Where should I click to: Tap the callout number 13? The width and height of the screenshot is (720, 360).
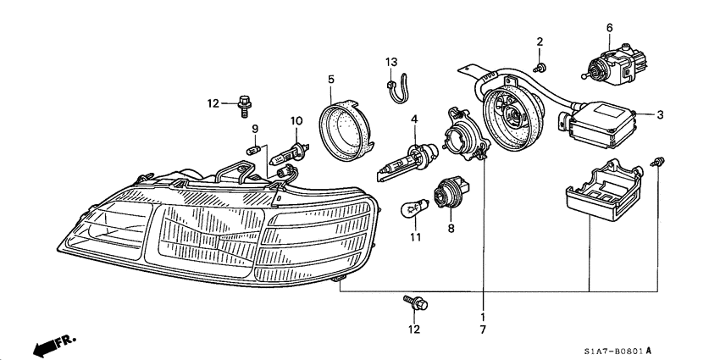click(390, 63)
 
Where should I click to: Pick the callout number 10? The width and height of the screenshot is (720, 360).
click(296, 121)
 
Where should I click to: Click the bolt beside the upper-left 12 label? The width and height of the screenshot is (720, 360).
click(245, 103)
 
